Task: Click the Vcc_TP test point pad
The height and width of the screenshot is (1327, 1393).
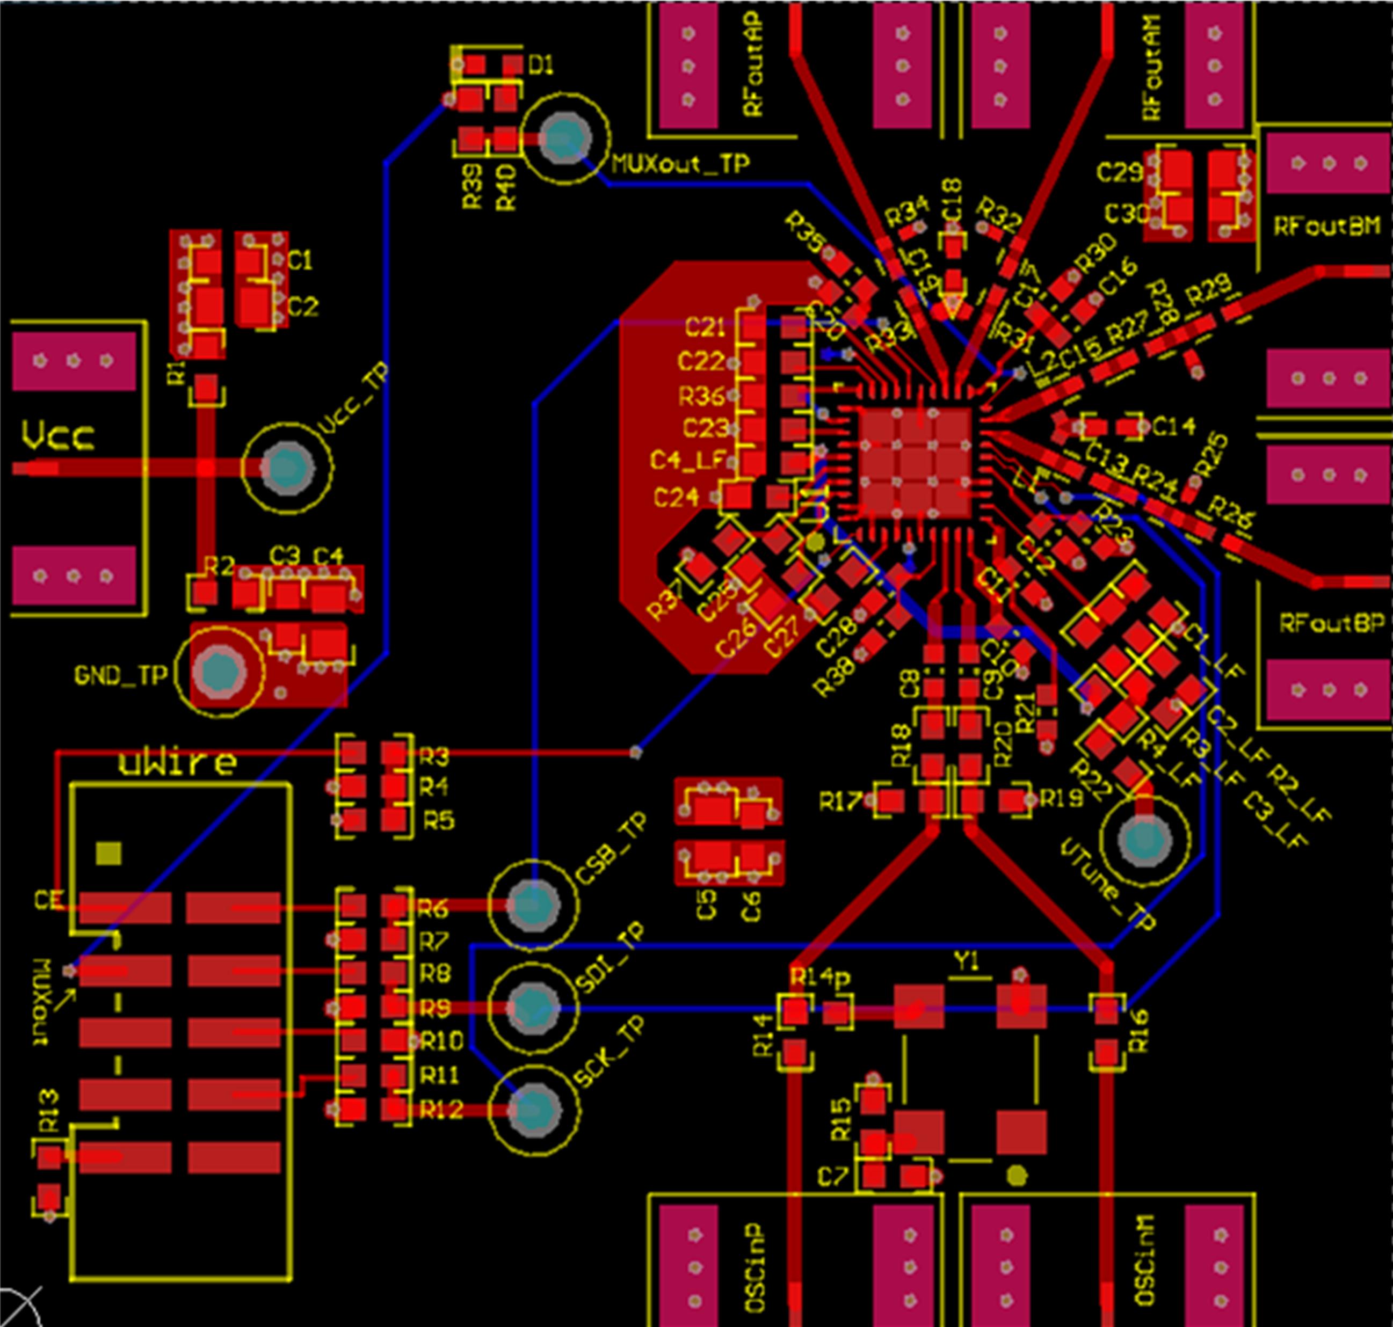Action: (287, 468)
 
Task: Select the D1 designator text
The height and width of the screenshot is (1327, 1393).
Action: (541, 66)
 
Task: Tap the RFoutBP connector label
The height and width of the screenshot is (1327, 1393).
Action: (1331, 623)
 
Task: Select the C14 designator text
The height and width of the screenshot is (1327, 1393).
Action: (1174, 427)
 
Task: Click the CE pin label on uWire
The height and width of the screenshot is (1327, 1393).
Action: (49, 900)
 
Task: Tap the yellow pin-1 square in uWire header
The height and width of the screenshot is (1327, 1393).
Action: (108, 854)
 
